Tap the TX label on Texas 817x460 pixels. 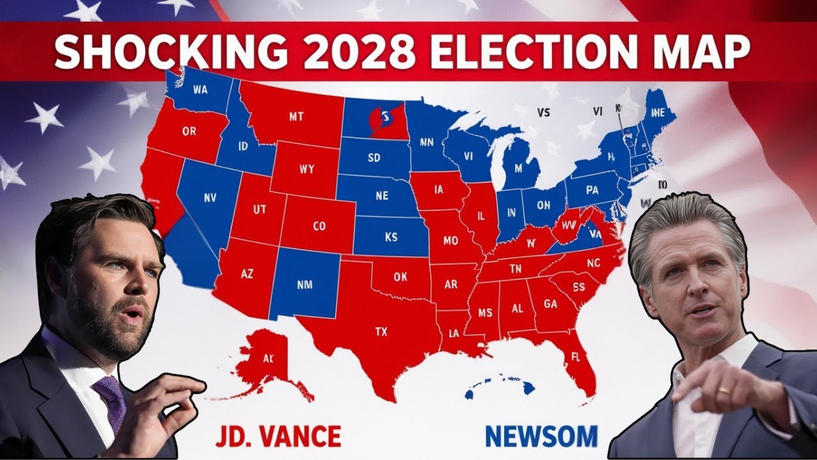click(x=381, y=332)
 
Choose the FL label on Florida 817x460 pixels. click(x=575, y=358)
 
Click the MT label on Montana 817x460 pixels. click(x=296, y=117)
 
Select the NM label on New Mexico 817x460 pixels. click(x=304, y=284)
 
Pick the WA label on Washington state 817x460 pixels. click(x=200, y=90)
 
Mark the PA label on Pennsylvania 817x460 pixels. click(x=592, y=190)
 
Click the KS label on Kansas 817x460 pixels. click(x=391, y=237)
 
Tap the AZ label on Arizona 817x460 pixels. click(x=247, y=273)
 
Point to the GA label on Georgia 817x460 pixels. click(x=550, y=304)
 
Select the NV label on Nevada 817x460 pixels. click(x=210, y=197)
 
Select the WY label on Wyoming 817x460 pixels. click(x=306, y=170)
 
